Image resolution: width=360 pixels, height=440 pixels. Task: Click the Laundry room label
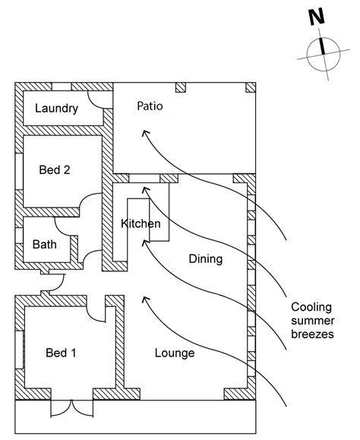57,109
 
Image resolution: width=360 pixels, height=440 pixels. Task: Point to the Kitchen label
141,223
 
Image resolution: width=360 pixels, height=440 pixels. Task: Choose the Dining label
205,259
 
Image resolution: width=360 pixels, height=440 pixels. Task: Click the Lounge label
175,353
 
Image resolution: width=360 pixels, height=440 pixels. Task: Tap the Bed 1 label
61,353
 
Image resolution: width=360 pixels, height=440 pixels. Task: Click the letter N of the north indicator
317,17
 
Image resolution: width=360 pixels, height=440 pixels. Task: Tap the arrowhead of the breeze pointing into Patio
143,132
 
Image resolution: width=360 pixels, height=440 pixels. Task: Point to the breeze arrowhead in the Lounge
142,299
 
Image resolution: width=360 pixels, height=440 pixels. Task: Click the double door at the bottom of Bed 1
72,408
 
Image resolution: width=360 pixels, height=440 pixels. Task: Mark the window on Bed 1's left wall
20,353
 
